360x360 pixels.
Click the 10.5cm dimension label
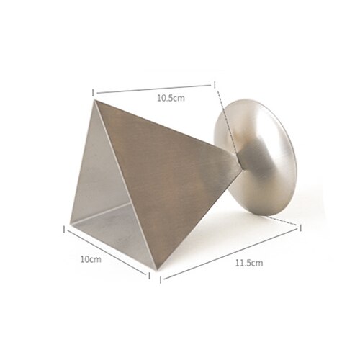tap(171, 98)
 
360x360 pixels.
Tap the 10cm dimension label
tap(91, 259)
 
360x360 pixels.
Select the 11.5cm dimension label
tap(249, 263)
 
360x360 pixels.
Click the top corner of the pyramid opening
tap(94, 100)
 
